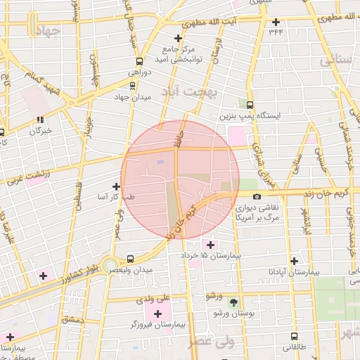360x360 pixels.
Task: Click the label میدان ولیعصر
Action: click(x=153, y=270)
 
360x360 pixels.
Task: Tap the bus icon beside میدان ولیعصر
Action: click(x=130, y=258)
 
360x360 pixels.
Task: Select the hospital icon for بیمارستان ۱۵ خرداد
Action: click(x=210, y=244)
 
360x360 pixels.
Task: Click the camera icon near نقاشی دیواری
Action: click(x=257, y=196)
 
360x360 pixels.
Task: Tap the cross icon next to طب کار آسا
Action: click(x=116, y=186)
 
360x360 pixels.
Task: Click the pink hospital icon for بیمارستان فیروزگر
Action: click(x=157, y=313)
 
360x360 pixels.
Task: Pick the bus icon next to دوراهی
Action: click(x=139, y=61)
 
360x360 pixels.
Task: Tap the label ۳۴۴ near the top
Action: click(x=275, y=32)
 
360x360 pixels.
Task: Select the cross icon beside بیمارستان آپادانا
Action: click(x=294, y=260)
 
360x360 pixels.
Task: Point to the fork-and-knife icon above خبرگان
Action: click(x=41, y=120)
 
